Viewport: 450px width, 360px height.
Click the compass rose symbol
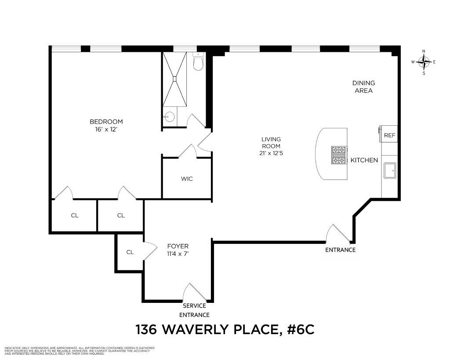coord(424,62)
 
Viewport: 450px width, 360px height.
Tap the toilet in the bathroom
coord(198,62)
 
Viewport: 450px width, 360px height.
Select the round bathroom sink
coord(169,116)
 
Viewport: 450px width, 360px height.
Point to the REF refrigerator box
coord(389,135)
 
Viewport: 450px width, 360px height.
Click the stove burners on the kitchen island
coord(338,155)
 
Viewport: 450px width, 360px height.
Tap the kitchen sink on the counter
coord(390,171)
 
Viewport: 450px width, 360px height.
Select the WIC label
coord(187,179)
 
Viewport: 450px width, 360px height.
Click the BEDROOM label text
coord(106,122)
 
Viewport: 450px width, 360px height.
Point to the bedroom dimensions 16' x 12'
coord(106,129)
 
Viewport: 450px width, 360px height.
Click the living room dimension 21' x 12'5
coord(270,153)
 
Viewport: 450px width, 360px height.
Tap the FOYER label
coord(178,247)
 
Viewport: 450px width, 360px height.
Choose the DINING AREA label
coord(364,87)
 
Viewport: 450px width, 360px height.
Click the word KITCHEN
coord(364,160)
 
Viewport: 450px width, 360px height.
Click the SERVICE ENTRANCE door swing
coord(192,293)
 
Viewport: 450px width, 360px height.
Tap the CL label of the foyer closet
coord(130,252)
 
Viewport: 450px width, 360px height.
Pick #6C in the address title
coord(301,329)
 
